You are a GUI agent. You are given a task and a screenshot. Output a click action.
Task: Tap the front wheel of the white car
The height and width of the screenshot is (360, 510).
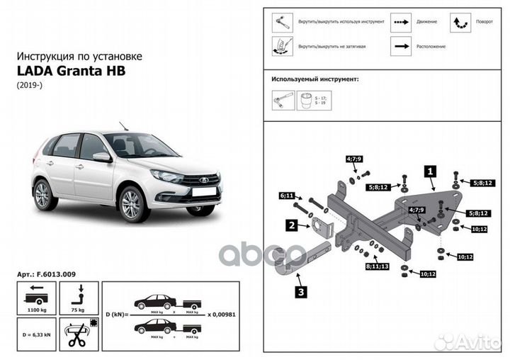[131, 204]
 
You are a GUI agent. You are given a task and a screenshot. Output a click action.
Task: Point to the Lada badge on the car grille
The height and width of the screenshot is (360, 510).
[204, 179]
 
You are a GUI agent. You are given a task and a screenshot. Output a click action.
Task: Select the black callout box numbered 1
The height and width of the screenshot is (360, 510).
[429, 171]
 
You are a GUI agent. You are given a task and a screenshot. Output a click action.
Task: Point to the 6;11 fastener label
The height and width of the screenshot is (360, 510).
[287, 195]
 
